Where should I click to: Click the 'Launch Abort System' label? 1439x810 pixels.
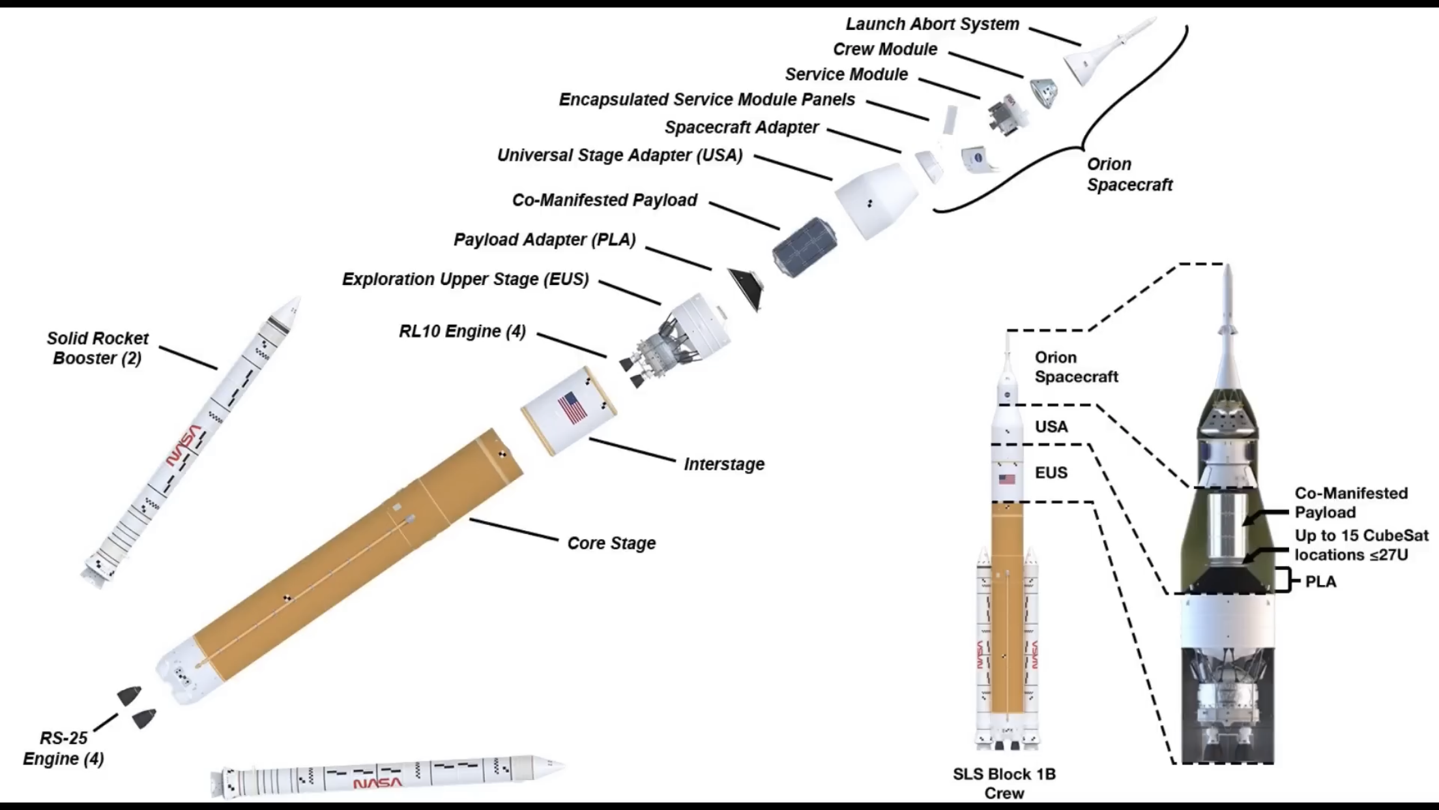point(932,24)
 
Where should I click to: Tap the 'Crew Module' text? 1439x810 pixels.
point(885,50)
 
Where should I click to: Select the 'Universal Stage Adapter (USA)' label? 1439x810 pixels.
point(620,156)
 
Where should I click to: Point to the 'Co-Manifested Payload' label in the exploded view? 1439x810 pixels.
point(605,200)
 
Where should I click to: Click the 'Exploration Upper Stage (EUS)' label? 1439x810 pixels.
point(465,279)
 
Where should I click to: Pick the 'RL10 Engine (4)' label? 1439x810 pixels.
point(462,331)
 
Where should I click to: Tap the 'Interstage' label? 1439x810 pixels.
point(724,464)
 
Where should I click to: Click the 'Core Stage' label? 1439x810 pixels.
point(611,543)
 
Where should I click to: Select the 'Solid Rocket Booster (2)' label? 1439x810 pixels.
point(98,348)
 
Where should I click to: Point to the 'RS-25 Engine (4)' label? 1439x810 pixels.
point(64,748)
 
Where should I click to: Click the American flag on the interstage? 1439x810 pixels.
point(572,408)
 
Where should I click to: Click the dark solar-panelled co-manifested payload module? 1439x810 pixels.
point(805,247)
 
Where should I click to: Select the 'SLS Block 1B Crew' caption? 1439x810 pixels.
point(1004,783)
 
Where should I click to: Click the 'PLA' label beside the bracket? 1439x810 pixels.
point(1320,582)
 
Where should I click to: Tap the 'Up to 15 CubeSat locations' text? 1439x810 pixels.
point(1361,545)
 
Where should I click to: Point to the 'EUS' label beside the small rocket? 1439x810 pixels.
point(1051,473)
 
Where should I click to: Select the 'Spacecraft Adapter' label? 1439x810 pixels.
point(741,128)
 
